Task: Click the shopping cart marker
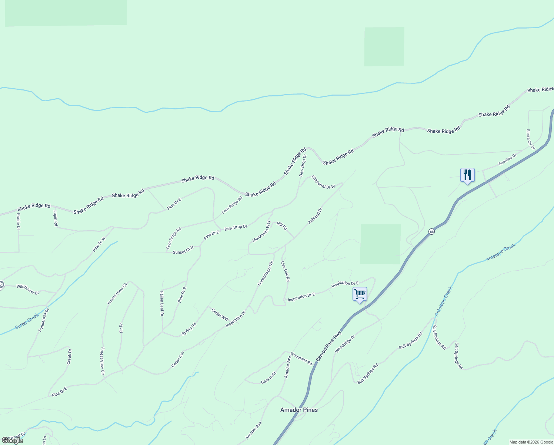click(360, 294)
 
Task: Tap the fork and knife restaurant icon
click(467, 175)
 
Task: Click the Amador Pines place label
click(299, 410)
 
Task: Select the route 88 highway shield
click(431, 231)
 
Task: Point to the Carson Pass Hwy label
click(329, 346)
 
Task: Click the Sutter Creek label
click(27, 321)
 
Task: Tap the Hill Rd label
click(282, 226)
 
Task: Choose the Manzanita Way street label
click(261, 231)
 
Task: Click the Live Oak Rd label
click(285, 271)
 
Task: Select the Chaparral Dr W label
click(323, 182)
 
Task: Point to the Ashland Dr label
click(315, 216)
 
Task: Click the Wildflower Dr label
click(28, 289)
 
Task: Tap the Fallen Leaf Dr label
click(162, 303)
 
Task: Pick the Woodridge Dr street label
click(345, 344)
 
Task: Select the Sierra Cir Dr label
click(530, 139)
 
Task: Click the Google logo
click(12, 441)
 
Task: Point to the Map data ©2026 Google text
click(531, 442)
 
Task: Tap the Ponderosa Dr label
click(44, 320)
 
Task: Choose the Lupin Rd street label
click(56, 218)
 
